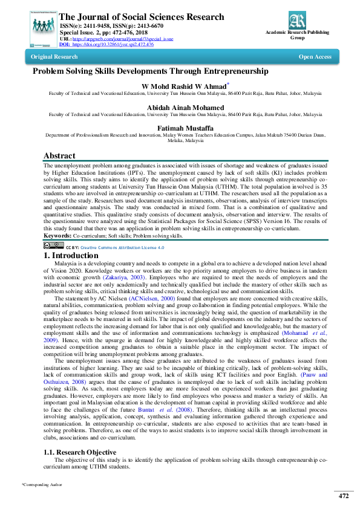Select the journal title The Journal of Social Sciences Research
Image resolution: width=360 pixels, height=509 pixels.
tap(142, 17)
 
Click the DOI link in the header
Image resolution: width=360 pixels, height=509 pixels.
tap(115, 44)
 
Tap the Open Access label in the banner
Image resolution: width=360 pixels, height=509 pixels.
tap(315, 57)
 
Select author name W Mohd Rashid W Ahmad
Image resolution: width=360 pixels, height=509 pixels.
tap(188, 86)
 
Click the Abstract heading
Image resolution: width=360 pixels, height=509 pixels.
tap(59, 155)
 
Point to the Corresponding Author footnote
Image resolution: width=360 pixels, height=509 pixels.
tap(42, 485)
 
